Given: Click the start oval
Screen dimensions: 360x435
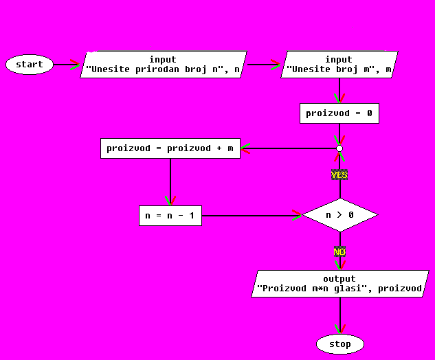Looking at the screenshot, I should click(30, 65).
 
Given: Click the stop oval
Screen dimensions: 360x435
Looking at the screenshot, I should click(339, 344).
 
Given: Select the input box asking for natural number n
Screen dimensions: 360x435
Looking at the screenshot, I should click(163, 65).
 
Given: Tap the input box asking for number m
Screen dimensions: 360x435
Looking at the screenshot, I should click(339, 65).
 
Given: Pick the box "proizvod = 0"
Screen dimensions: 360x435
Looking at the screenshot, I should click(339, 113).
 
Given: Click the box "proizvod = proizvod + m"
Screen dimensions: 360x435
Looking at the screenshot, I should click(170, 148).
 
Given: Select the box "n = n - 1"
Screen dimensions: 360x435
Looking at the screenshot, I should click(170, 216).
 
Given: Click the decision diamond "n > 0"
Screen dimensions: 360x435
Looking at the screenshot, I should click(339, 215).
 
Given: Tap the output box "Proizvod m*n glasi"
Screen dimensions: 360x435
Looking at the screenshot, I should click(339, 284).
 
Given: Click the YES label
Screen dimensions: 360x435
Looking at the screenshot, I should click(339, 175).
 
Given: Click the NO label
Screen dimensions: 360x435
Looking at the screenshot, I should click(339, 252).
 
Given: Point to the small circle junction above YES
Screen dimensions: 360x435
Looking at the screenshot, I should click(339, 148).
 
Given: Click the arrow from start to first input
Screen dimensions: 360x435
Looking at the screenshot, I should click(67, 65).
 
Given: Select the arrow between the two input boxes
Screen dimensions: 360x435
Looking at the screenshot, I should click(263, 65).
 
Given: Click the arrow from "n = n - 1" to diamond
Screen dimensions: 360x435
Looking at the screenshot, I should click(252, 216).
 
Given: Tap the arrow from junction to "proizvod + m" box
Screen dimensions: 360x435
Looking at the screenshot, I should click(289, 148).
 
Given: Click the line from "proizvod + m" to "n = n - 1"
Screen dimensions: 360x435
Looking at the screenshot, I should click(170, 181).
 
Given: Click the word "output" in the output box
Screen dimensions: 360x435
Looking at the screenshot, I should click(339, 279).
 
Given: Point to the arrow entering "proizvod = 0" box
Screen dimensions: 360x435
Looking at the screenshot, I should click(339, 91).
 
